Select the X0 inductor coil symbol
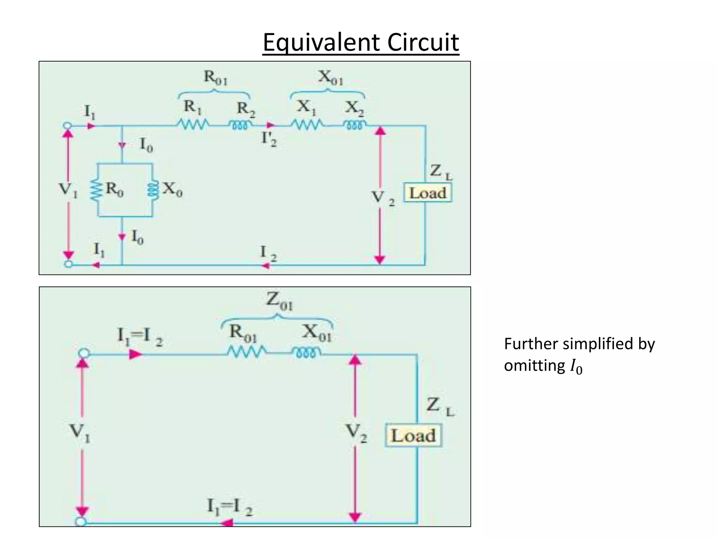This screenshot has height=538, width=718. (x=153, y=190)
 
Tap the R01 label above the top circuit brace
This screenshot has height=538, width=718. (x=215, y=77)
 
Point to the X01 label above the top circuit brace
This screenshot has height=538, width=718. (x=330, y=77)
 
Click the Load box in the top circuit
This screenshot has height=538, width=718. (x=427, y=193)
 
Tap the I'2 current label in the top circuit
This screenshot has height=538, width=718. (x=269, y=139)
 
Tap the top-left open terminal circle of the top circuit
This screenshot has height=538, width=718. (x=68, y=126)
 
